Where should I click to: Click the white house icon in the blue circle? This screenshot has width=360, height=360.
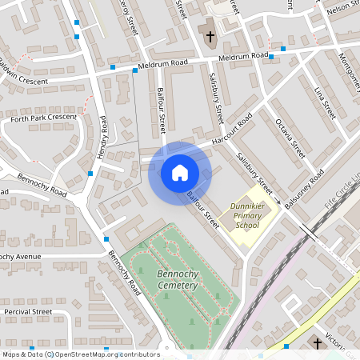(x=179, y=173)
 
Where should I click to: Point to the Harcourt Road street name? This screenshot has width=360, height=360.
(x=232, y=129)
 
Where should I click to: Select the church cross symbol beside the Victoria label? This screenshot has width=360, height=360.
(x=317, y=343)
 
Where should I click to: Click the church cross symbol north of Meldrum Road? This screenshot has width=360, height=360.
(x=210, y=37)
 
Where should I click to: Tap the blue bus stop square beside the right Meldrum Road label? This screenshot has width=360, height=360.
(x=271, y=57)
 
